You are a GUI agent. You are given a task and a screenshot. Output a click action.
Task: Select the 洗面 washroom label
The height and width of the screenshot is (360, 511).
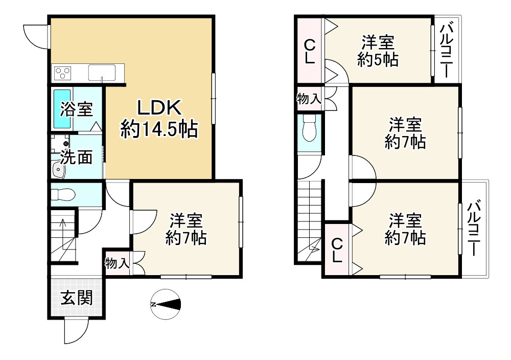point(77,157)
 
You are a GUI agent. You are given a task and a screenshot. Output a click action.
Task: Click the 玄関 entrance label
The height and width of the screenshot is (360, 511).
point(77,298)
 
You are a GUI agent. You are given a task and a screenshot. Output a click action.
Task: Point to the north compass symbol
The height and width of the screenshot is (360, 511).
point(166,305)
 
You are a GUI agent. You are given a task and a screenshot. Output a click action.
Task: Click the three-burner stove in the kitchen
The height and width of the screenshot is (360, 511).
point(62,73)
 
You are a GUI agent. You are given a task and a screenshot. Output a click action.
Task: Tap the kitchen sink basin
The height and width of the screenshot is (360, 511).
point(102,73)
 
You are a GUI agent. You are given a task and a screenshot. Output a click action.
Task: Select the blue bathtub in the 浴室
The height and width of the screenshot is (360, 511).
point(62,108)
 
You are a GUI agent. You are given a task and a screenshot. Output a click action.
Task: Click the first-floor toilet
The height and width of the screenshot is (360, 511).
point(63,195)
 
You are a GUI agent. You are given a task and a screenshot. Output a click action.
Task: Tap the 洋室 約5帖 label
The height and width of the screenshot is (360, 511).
point(378,51)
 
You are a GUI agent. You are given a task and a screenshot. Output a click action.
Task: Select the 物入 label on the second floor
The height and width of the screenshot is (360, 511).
point(309,98)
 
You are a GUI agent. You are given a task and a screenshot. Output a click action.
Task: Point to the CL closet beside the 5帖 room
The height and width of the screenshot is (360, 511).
point(309,51)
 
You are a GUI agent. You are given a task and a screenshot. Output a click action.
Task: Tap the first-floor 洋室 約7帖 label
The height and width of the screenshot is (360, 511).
point(186,229)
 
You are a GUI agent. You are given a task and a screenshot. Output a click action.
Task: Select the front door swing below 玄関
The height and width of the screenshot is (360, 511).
point(76,330)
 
